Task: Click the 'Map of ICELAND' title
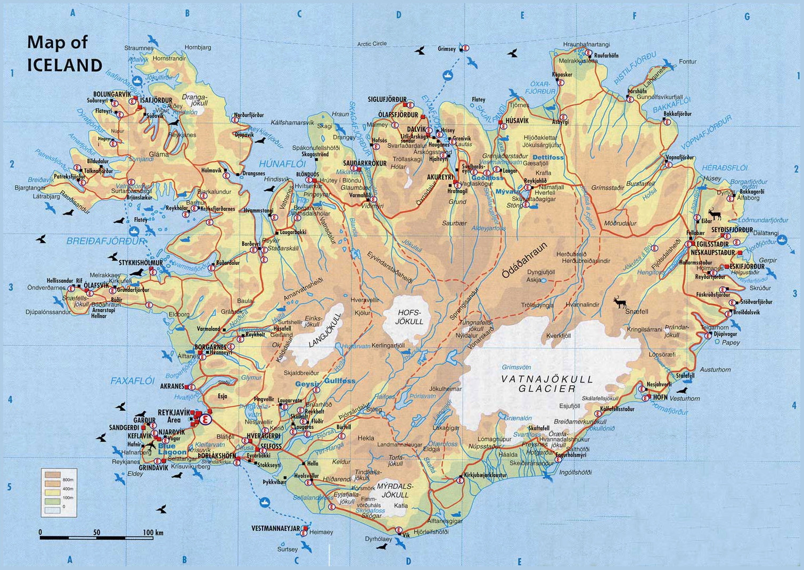coord(64,53)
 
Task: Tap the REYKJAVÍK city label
coord(174,412)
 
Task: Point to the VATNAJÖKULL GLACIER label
coord(547,384)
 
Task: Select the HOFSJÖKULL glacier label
coord(409,317)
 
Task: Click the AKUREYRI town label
coord(440,177)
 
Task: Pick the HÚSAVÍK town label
coord(517,121)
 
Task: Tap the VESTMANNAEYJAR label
coord(276,528)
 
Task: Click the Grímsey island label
coord(447,49)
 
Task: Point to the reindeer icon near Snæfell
coord(619,303)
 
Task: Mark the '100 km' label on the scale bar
coord(153,532)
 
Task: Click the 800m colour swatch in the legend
coord(53,475)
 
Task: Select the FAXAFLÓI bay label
coord(133,381)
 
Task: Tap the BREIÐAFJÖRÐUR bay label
coord(105,241)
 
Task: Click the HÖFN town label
coord(660,397)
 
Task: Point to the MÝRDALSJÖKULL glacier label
coord(395,491)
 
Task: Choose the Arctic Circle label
coord(372,44)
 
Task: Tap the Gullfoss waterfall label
coord(340,381)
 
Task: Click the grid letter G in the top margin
coord(746,17)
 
